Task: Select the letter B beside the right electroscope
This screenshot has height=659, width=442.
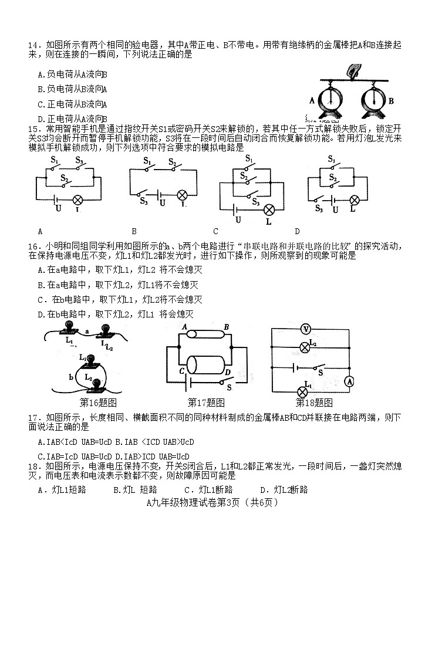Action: click(390, 100)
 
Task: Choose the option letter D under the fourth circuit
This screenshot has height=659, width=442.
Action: click(297, 231)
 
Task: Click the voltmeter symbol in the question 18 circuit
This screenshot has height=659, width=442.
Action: click(305, 329)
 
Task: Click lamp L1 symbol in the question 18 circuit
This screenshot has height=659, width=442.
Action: click(303, 391)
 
